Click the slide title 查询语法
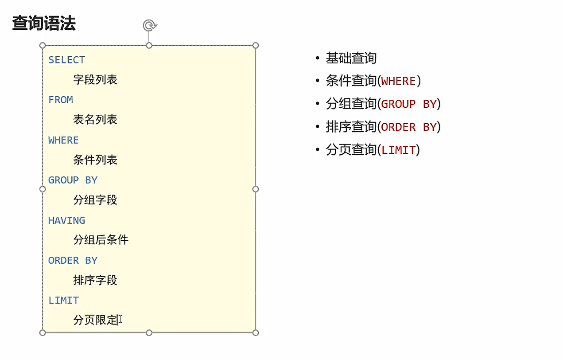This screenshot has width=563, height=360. coord(44,23)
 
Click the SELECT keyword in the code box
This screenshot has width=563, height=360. coord(66,60)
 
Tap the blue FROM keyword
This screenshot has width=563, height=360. coord(61,100)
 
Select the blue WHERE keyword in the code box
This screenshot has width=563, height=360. coord(63,140)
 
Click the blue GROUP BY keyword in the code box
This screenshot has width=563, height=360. coord(73,180)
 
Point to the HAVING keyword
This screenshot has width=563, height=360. coord(66,220)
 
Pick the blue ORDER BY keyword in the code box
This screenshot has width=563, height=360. coord(73,260)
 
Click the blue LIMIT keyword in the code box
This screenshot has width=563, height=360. coord(63,300)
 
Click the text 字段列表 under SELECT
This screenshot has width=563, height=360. coord(95,80)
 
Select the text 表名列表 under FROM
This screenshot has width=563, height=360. coord(95,120)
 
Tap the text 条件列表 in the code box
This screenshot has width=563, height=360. coord(95,160)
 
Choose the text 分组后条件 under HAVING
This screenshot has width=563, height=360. coord(101,240)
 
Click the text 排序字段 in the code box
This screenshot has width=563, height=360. coord(95,280)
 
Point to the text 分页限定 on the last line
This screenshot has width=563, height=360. coord(95,320)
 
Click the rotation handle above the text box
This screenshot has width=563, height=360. coord(149,25)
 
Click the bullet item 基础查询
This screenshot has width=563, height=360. coord(351,58)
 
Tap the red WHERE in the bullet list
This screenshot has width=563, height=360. coord(398,81)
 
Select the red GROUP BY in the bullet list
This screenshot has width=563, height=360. coord(409,104)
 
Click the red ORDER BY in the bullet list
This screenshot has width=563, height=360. coord(409,127)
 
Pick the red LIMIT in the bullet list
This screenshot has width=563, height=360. coord(398,150)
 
